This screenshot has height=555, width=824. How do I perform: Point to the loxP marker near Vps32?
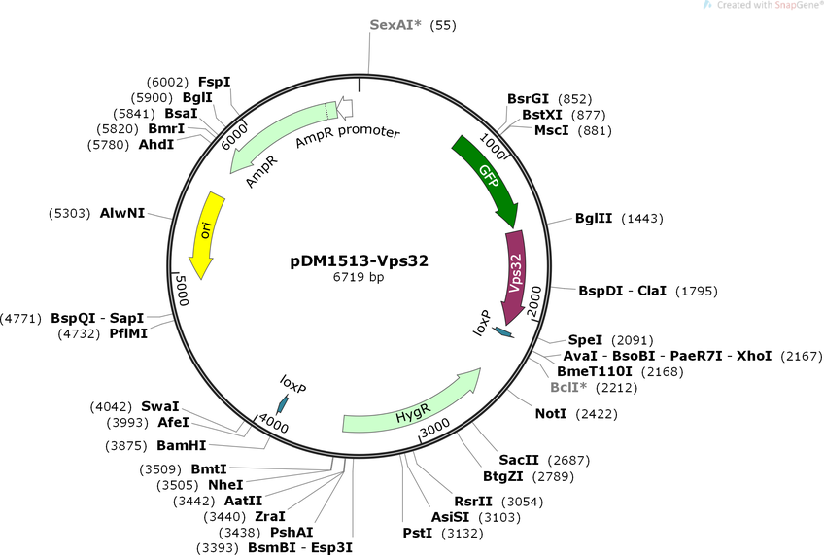[x=503, y=332]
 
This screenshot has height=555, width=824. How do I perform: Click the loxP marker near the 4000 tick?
[x=284, y=404]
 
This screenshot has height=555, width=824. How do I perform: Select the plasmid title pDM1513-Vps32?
[x=359, y=260]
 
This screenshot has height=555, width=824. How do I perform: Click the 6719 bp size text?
[x=359, y=276]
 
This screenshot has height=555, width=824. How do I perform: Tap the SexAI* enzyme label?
[x=395, y=24]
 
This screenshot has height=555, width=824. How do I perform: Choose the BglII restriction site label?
[x=594, y=218]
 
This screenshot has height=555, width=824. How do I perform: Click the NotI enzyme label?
[x=551, y=414]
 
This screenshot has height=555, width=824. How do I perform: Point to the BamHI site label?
[x=182, y=446]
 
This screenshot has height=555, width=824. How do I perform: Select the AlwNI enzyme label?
[x=121, y=213]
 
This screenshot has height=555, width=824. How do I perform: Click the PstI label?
[x=418, y=533]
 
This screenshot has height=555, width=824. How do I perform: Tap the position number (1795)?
[x=697, y=291]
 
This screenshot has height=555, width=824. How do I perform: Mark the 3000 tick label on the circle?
[x=435, y=427]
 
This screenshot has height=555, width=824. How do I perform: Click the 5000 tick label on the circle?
[x=182, y=289]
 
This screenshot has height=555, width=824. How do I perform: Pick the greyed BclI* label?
[x=568, y=388]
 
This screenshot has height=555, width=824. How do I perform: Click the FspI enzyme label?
[x=215, y=82]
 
